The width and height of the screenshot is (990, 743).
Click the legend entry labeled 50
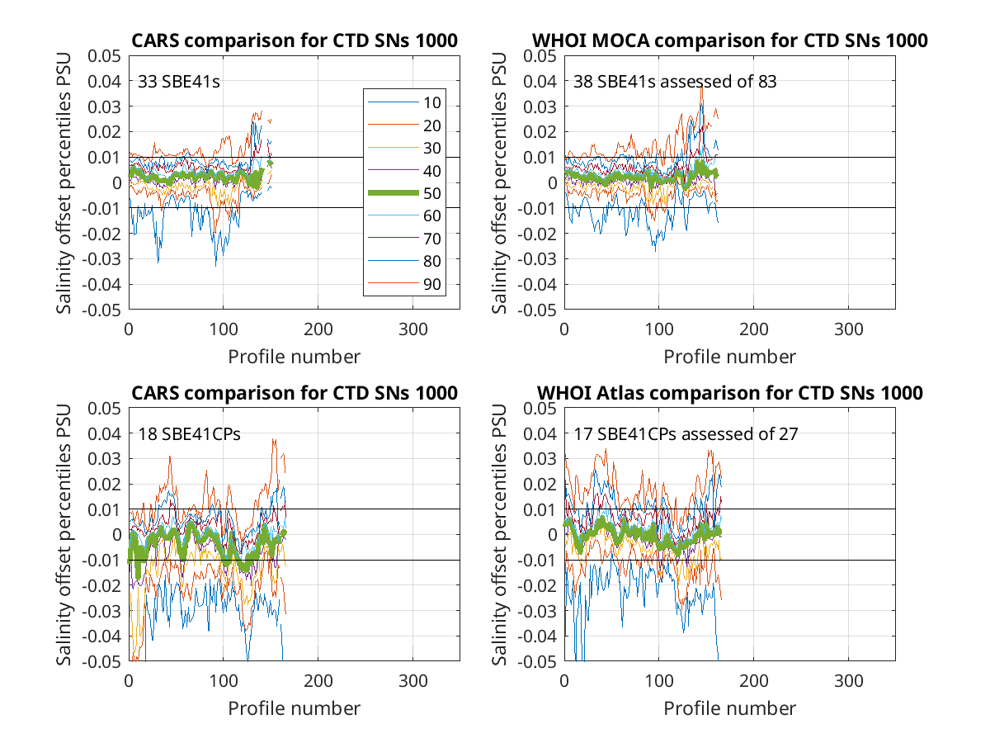tap(404, 193)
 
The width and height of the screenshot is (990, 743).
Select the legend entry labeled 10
tap(404, 102)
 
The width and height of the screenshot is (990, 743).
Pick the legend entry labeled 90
tap(404, 284)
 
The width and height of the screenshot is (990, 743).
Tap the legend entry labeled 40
tap(404, 171)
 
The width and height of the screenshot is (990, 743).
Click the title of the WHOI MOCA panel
tap(729, 40)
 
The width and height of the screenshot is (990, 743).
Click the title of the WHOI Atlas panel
tap(729, 393)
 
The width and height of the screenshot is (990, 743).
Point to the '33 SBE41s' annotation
tap(178, 82)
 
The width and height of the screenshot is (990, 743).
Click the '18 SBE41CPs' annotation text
tap(189, 434)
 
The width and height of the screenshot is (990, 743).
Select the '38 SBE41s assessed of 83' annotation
tap(675, 82)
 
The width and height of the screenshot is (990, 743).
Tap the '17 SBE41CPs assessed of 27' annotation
tap(686, 434)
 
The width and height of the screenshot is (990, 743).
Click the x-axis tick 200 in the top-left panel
tap(318, 329)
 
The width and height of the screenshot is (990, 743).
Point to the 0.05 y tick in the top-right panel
tap(540, 56)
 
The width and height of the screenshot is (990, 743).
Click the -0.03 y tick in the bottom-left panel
tap(101, 611)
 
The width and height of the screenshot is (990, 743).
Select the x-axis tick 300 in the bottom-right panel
tap(848, 681)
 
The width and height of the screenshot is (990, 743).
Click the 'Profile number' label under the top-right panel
tap(729, 357)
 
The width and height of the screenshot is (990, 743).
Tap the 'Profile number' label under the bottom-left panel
tap(294, 708)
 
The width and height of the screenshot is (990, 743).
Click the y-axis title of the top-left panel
tap(64, 182)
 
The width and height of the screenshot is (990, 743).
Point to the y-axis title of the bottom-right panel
tap(499, 535)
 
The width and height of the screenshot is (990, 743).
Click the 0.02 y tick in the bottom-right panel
tap(540, 484)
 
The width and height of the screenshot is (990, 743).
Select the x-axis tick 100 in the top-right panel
tap(659, 329)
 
